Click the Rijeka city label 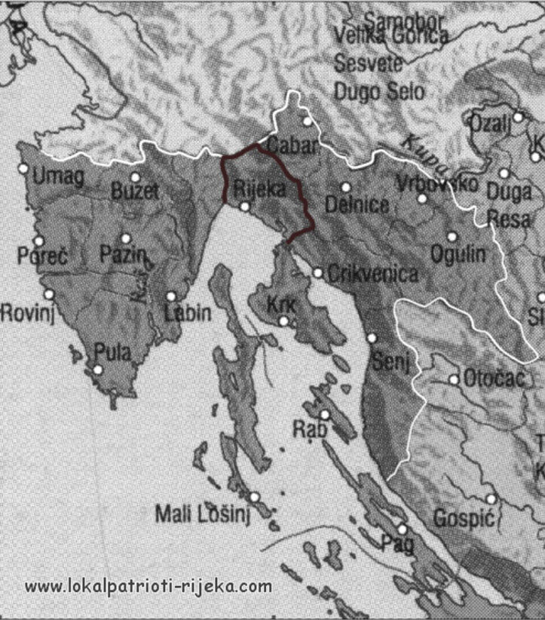(260, 189)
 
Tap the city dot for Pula (97, 370)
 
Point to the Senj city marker (372, 338)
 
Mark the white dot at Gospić (491, 499)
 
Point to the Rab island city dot (325, 414)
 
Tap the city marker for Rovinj (50, 294)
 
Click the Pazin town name (122, 255)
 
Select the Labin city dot (171, 296)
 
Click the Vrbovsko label (425, 183)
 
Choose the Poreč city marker (38, 241)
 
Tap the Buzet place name (135, 192)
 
